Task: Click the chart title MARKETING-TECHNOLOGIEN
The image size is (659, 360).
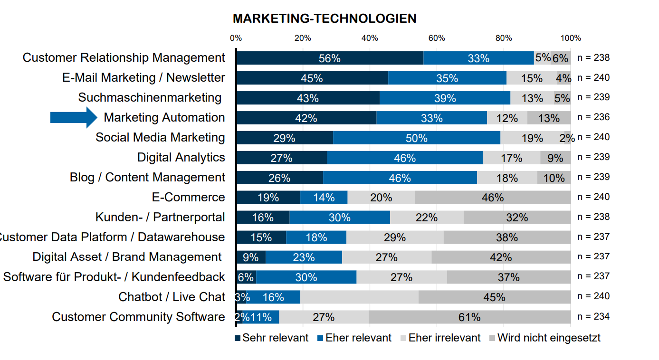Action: click(x=324, y=19)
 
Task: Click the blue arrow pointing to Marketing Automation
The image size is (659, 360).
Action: click(x=73, y=117)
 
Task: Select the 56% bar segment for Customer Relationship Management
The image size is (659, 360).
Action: click(x=329, y=58)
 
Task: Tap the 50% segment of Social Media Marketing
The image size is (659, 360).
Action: click(x=416, y=138)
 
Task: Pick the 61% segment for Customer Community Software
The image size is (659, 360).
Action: click(x=469, y=317)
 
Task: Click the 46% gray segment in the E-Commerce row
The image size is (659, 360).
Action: click(x=492, y=198)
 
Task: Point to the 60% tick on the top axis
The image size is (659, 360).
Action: click(x=437, y=38)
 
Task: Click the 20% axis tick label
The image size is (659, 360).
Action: click(x=303, y=38)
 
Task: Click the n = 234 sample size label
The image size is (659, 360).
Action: click(x=593, y=316)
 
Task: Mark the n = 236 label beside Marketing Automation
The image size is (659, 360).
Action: click(x=593, y=117)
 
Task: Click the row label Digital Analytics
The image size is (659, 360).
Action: click(x=181, y=157)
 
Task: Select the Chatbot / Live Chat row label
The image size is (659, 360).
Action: click(x=172, y=297)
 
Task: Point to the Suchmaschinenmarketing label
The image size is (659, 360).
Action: click(x=150, y=97)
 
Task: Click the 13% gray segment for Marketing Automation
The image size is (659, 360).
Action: click(x=549, y=118)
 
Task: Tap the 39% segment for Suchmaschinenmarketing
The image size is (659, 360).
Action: click(x=445, y=98)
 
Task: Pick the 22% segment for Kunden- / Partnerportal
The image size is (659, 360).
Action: click(x=426, y=218)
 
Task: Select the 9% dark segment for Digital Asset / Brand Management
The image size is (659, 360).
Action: click(x=250, y=257)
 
